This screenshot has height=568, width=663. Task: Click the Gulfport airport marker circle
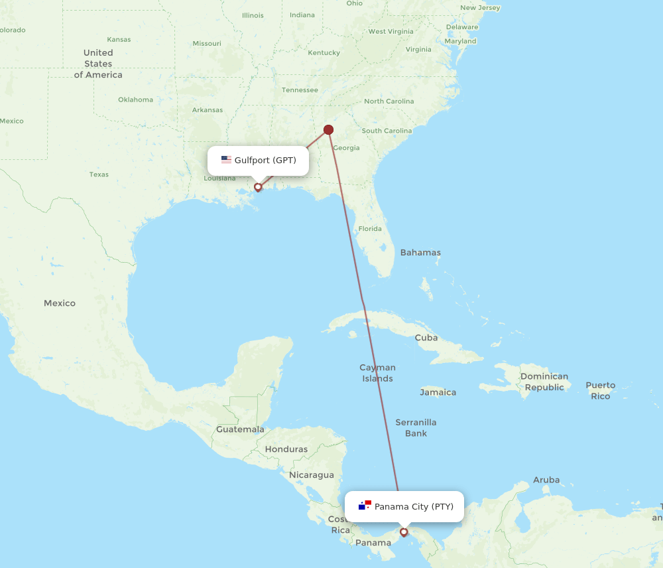(x=258, y=187)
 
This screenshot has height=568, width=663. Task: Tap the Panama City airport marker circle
(x=403, y=532)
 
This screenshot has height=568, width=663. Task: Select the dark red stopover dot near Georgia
(x=328, y=129)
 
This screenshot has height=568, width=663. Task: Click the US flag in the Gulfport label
(x=226, y=160)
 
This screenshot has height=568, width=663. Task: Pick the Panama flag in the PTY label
(x=365, y=506)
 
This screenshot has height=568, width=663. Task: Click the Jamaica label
(x=438, y=392)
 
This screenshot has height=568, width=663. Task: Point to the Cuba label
(x=426, y=338)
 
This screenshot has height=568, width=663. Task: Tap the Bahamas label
(x=420, y=253)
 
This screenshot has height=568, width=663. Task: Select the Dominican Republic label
(x=544, y=382)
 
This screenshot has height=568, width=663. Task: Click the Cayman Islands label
(x=377, y=373)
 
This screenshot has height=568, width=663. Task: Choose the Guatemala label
(x=240, y=429)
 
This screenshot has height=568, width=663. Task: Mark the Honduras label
(x=286, y=449)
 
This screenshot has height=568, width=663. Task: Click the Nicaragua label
(x=311, y=475)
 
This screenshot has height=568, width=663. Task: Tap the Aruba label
(x=546, y=480)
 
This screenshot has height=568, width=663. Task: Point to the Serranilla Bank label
(x=416, y=428)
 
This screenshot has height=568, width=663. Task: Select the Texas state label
(x=99, y=175)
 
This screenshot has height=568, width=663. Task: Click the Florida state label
(x=370, y=229)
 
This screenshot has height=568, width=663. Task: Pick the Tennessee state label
(x=300, y=90)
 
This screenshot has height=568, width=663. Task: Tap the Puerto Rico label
(x=600, y=390)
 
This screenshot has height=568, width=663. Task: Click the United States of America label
(x=98, y=64)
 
